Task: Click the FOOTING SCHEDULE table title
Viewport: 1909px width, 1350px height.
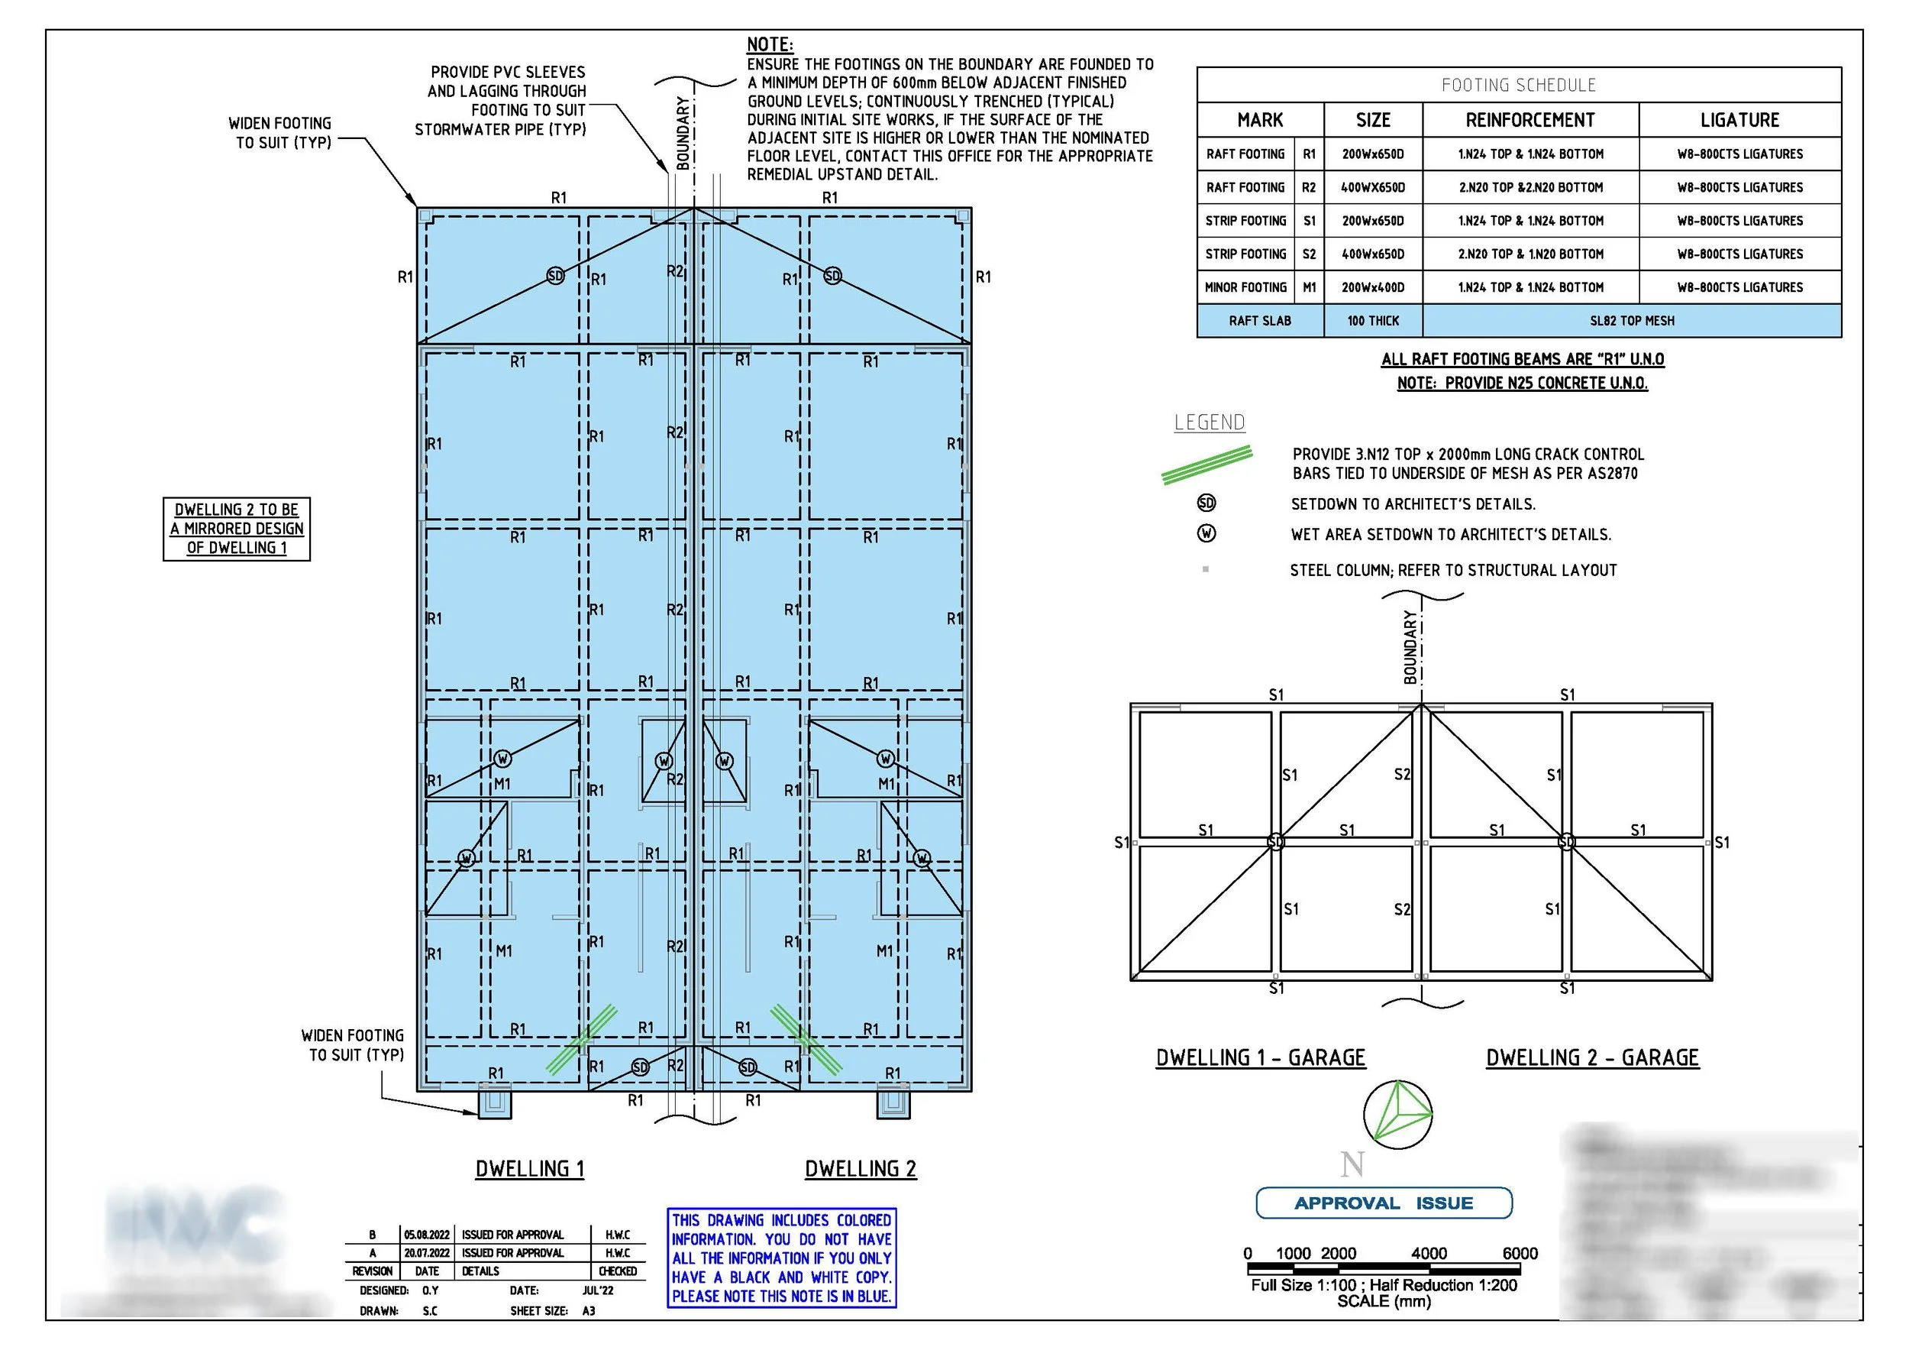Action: point(1518,85)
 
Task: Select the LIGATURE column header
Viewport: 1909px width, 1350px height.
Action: point(1739,121)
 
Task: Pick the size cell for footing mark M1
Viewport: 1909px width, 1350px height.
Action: point(1373,288)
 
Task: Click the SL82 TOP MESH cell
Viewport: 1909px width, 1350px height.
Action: point(1631,321)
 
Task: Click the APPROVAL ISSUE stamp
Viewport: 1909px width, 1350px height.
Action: point(1384,1203)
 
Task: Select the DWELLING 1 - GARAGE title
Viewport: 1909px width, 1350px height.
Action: point(1261,1058)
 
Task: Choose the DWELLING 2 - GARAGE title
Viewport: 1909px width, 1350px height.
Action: point(1592,1058)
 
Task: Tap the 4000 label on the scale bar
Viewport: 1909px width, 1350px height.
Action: point(1429,1254)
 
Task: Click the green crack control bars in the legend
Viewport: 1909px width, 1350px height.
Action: point(1207,465)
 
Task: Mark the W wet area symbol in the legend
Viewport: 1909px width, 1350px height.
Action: point(1206,534)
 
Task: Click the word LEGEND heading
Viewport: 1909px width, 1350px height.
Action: point(1210,422)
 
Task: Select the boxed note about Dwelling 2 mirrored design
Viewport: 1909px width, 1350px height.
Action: point(237,529)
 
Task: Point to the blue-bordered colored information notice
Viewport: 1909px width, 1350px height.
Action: point(782,1258)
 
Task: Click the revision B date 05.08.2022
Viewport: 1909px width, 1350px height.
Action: point(427,1235)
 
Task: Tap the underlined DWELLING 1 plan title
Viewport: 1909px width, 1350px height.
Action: point(530,1170)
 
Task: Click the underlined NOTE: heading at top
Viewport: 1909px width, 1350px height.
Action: point(770,45)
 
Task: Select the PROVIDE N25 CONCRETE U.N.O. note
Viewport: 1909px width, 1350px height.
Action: point(1523,384)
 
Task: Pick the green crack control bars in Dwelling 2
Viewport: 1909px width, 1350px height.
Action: point(805,1039)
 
